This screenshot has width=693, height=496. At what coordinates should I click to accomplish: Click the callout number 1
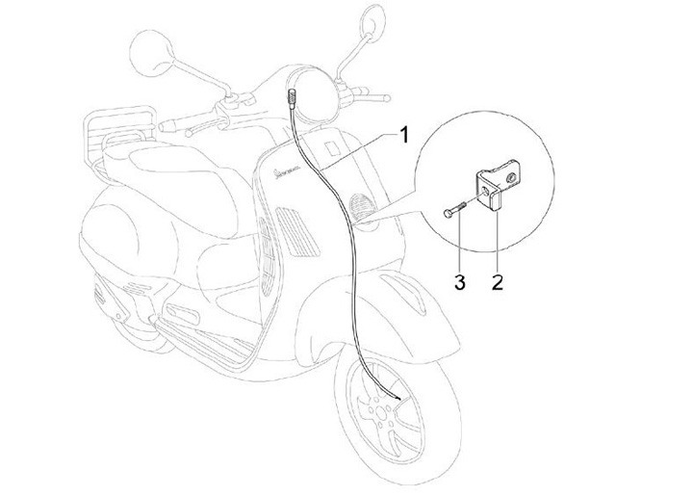click(405, 135)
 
